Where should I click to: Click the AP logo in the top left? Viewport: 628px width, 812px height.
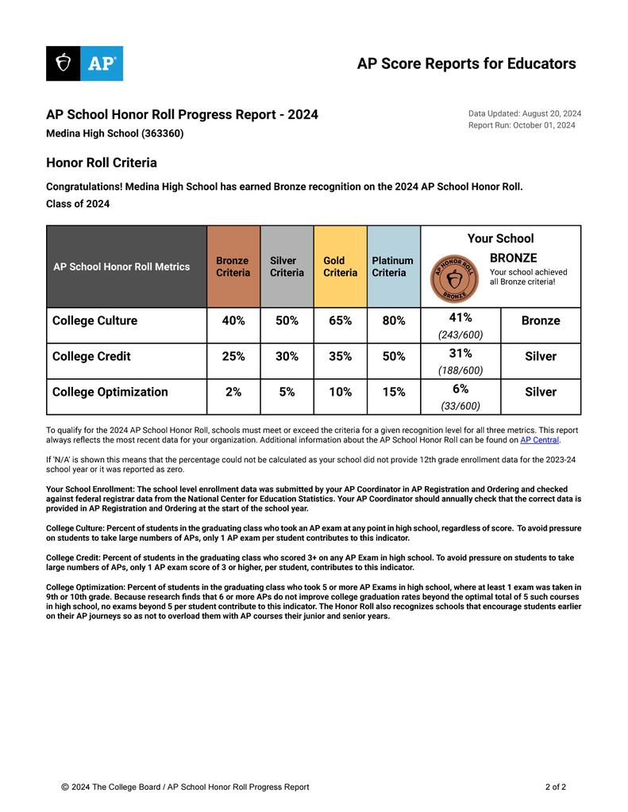[x=84, y=63]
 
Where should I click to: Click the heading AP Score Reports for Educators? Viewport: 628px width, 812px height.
[x=466, y=63]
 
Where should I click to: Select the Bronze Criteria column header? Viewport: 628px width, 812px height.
[x=233, y=266]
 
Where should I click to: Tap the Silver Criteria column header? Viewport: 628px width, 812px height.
[x=287, y=266]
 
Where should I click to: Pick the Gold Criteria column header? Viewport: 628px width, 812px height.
[x=340, y=266]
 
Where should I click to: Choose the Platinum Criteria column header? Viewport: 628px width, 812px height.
[x=393, y=266]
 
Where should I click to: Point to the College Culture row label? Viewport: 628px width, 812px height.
[x=94, y=321]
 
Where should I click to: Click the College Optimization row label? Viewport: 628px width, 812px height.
[x=110, y=393]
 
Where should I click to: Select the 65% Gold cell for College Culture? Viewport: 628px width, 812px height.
[x=340, y=321]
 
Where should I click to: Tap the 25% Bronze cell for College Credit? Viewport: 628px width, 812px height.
[x=233, y=357]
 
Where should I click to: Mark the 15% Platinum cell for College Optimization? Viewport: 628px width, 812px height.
[x=393, y=393]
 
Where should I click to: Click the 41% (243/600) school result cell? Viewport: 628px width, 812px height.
[x=460, y=326]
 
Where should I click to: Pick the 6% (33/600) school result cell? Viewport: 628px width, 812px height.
[x=460, y=396]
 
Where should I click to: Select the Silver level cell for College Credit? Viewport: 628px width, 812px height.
[x=541, y=357]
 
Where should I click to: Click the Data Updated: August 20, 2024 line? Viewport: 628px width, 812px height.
[x=525, y=113]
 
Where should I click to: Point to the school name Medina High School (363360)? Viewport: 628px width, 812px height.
[x=114, y=134]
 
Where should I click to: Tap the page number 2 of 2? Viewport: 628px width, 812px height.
[x=556, y=787]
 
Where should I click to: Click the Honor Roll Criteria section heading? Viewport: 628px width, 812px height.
[x=102, y=163]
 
